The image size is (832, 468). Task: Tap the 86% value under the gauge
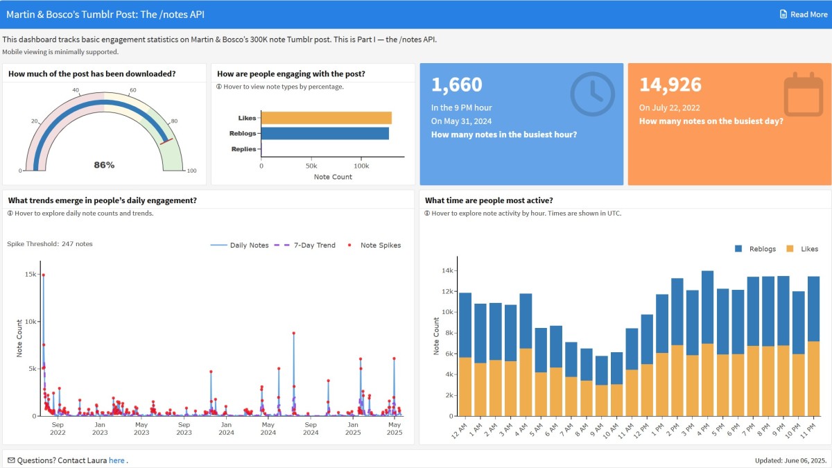click(x=104, y=165)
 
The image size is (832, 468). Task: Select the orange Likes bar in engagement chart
click(x=326, y=118)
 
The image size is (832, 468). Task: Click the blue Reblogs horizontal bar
click(x=324, y=133)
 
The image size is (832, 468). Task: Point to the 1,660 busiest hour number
click(x=456, y=85)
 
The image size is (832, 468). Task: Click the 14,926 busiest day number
click(x=670, y=85)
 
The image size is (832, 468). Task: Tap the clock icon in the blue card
click(x=592, y=94)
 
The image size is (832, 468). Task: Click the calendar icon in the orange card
click(x=803, y=95)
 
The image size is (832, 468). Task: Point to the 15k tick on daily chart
click(x=31, y=275)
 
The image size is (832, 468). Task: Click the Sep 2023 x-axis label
click(x=184, y=428)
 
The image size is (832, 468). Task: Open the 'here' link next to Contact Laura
click(x=116, y=460)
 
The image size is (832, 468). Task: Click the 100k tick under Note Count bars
click(x=361, y=166)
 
